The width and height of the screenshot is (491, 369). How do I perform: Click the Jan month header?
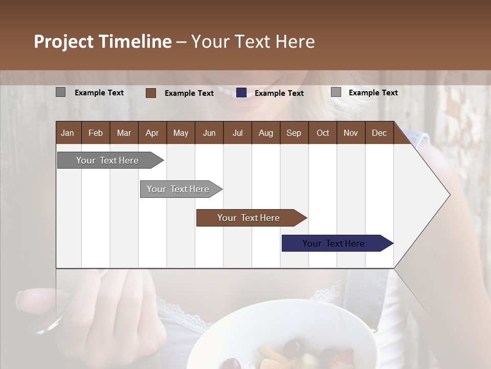tap(68, 133)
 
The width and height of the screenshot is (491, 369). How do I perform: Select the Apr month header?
tap(152, 133)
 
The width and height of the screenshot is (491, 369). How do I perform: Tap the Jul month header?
tap(237, 133)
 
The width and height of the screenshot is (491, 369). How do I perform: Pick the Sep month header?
tap(294, 133)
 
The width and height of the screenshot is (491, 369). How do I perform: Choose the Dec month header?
tap(379, 133)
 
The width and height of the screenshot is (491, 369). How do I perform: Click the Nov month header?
tap(350, 133)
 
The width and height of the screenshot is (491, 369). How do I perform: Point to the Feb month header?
tap(96, 133)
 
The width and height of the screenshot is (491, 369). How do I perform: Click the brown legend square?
tap(150, 93)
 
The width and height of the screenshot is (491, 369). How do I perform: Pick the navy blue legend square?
tap(241, 93)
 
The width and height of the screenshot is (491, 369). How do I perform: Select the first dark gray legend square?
tap(60, 92)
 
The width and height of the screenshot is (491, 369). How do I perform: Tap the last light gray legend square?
tap(336, 92)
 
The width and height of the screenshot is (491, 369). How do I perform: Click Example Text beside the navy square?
tap(279, 93)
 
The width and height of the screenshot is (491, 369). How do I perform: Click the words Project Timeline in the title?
tap(102, 42)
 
